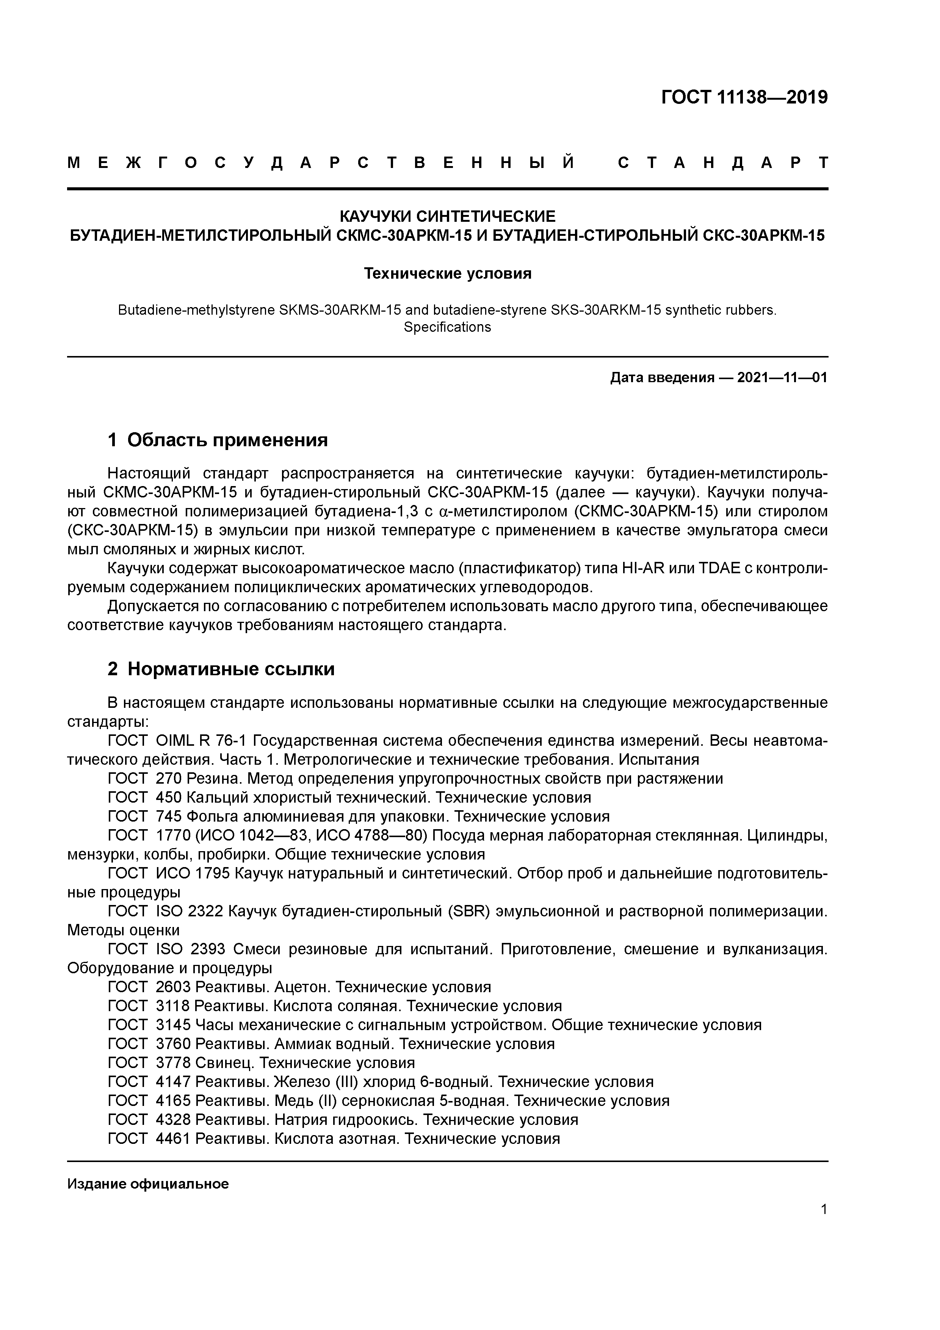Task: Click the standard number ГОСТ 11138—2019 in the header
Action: coord(744,97)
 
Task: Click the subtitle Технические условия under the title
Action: coord(447,273)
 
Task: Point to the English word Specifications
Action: coord(447,327)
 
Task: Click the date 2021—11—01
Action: coord(782,378)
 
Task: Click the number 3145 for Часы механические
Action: coord(173,1025)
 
